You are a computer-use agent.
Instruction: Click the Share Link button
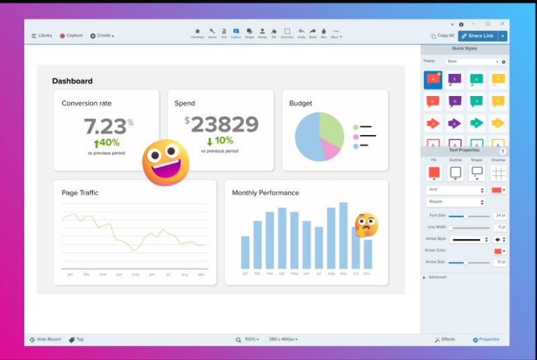click(x=481, y=36)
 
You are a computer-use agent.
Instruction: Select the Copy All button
click(x=442, y=36)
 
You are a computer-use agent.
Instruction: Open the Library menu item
click(x=42, y=36)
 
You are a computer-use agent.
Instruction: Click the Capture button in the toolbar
click(x=71, y=36)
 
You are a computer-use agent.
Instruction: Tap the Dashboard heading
click(x=73, y=81)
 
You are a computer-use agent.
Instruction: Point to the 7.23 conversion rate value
click(x=105, y=126)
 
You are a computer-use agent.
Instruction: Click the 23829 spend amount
click(x=224, y=124)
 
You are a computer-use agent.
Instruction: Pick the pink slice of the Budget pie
click(x=330, y=149)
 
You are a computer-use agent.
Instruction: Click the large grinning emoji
click(x=165, y=163)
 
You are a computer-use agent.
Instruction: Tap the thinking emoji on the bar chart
click(x=366, y=225)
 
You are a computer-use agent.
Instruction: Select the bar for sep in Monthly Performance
click(x=343, y=236)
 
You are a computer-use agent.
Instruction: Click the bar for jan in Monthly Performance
click(x=245, y=253)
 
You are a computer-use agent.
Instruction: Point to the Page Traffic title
click(x=80, y=193)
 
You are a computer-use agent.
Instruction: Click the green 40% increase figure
click(x=106, y=143)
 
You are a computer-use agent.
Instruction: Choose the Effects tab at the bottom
click(x=445, y=340)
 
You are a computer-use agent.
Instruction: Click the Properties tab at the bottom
click(x=486, y=340)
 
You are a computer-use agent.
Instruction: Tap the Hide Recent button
click(x=46, y=340)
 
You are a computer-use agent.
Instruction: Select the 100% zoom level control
click(x=250, y=340)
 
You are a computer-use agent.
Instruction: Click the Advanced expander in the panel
click(x=436, y=277)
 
